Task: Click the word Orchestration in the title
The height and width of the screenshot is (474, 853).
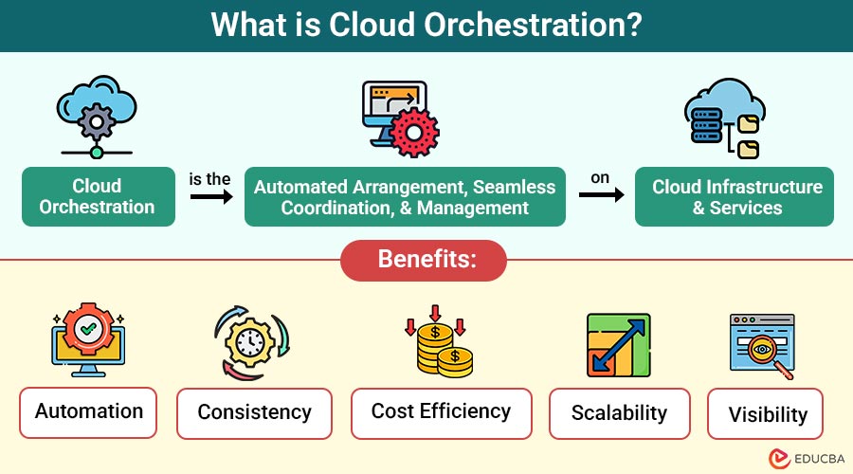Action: [x=531, y=25]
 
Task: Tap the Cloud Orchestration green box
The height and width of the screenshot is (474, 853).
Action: [x=99, y=196]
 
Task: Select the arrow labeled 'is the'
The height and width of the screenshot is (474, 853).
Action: [x=211, y=196]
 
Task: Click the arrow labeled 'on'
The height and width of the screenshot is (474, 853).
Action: [x=602, y=194]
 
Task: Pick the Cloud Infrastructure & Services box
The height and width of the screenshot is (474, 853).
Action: [x=735, y=196]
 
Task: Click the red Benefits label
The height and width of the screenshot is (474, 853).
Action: [x=424, y=260]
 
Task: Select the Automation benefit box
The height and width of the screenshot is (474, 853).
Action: [x=88, y=412]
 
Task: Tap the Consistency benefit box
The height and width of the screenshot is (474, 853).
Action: [x=254, y=413]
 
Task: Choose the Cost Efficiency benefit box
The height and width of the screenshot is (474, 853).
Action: [x=441, y=413]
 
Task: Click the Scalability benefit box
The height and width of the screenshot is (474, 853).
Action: [x=620, y=413]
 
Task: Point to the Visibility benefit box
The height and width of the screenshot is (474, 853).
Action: [x=766, y=413]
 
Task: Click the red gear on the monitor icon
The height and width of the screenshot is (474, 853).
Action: [x=414, y=132]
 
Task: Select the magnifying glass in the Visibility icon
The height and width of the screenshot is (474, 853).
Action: [x=766, y=354]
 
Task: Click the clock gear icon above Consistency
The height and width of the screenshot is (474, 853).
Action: [x=251, y=342]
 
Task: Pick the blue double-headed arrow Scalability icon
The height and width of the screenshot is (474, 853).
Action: [x=619, y=345]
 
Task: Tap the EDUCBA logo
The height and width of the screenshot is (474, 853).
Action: [x=807, y=458]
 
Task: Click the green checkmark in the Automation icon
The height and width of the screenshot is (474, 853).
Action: [x=88, y=329]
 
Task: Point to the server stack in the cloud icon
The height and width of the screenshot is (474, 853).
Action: [x=706, y=125]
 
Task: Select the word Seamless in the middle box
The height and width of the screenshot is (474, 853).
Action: [x=514, y=187]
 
